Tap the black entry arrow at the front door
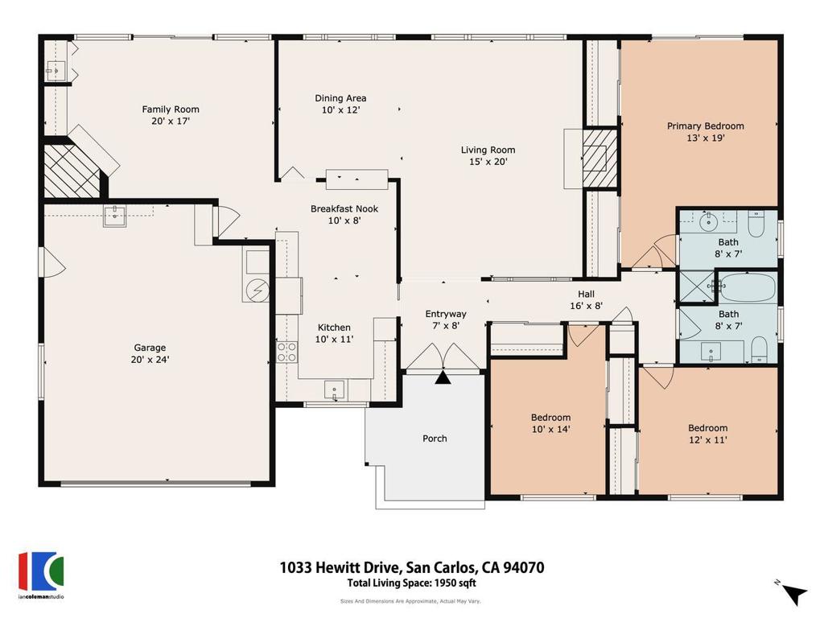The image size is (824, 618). point(443,377)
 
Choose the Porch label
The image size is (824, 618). point(435,439)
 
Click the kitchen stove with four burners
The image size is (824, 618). point(287,351)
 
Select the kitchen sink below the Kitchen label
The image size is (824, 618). point(336,390)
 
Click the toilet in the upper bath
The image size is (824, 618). point(756,223)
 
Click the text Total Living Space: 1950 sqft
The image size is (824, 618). point(411,583)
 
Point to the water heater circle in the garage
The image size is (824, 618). point(258,289)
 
